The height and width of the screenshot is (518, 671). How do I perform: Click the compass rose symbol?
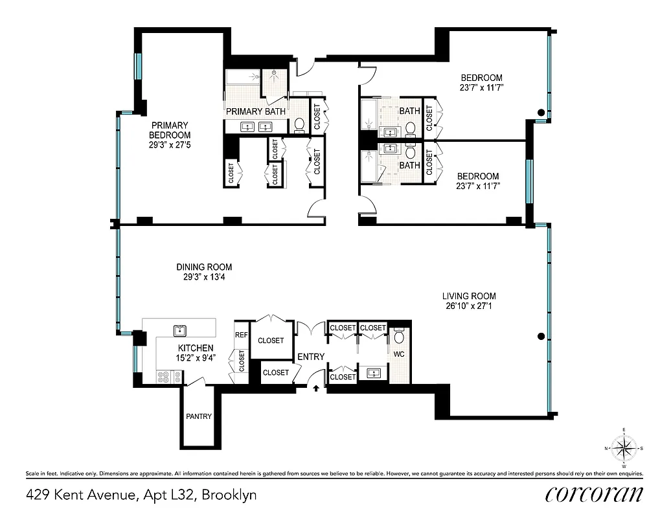[x=624, y=447]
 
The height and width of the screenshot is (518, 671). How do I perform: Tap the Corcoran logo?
[x=594, y=494]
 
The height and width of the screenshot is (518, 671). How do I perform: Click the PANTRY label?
[x=198, y=416]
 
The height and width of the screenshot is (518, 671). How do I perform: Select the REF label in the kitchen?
[x=241, y=335]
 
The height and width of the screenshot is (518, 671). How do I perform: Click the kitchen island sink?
[x=179, y=331]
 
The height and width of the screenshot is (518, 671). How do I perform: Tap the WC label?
[x=400, y=355]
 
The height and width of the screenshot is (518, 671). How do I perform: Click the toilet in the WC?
[x=399, y=337]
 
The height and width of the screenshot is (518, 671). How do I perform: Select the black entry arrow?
[x=316, y=388]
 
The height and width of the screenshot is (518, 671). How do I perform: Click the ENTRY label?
[x=311, y=357]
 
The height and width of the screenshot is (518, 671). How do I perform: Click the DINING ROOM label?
[x=204, y=267]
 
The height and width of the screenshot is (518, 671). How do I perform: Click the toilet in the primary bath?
[x=299, y=124]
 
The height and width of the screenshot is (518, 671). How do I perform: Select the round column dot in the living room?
[x=540, y=336]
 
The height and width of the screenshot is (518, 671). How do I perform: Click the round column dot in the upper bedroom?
[x=540, y=113]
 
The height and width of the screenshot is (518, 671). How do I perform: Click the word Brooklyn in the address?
[x=229, y=495]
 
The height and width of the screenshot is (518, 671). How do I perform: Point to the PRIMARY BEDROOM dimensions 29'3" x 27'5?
[x=169, y=144]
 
